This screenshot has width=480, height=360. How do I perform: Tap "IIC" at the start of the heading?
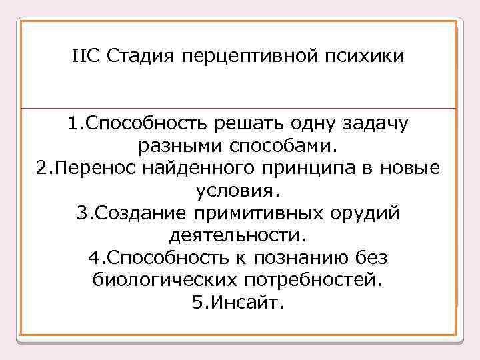point(85,55)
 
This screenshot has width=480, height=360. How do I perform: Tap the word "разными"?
point(175,146)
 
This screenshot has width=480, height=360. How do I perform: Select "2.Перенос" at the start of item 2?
point(84,169)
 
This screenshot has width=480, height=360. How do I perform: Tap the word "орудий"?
point(369,214)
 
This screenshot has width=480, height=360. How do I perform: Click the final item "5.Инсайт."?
point(238,304)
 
